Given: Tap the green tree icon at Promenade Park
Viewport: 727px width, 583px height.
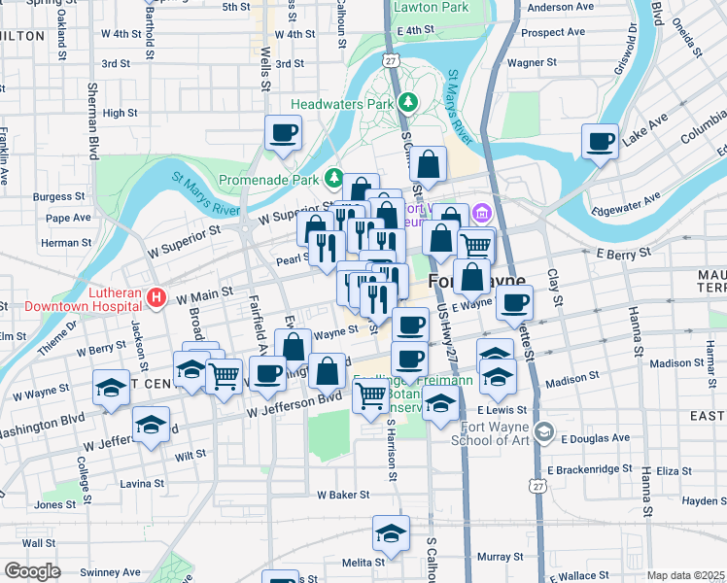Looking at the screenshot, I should (x=334, y=179).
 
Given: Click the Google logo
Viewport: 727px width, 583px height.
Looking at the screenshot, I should (x=32, y=571).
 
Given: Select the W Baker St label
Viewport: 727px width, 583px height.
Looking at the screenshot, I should (x=343, y=495).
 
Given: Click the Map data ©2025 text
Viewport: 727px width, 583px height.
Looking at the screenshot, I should (x=685, y=575).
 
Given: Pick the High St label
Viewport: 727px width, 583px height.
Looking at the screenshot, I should (x=120, y=114).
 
